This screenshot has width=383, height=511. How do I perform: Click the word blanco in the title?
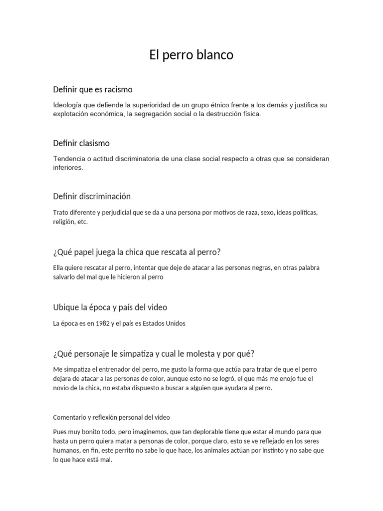pos(215,55)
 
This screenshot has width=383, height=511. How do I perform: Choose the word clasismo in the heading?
pos(94,143)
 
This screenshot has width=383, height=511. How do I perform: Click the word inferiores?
pos(68,168)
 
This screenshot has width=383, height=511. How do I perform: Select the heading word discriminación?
pos(105,196)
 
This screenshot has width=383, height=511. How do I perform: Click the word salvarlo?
pos(65,277)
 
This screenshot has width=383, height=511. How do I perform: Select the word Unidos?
pos(174,323)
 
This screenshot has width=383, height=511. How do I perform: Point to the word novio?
pos(62,388)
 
